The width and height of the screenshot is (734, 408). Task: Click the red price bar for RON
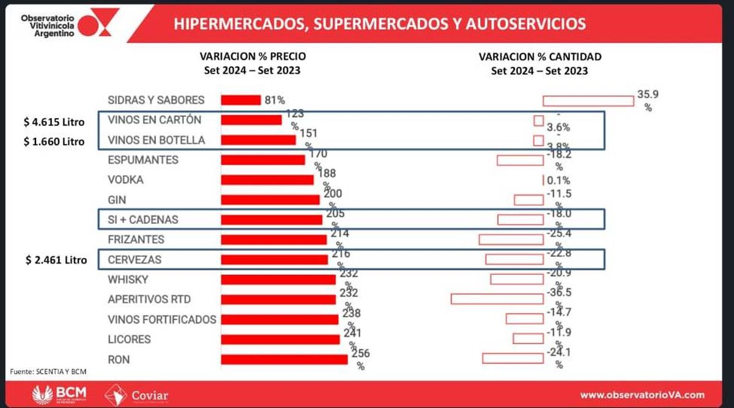284,359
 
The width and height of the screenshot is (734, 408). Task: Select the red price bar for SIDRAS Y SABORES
241,100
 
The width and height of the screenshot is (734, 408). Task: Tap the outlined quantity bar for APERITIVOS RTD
497,299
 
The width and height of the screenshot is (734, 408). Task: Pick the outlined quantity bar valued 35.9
588,100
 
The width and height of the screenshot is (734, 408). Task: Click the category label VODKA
125,180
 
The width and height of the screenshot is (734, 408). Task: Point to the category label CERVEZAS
135,259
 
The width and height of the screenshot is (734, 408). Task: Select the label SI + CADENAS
143,220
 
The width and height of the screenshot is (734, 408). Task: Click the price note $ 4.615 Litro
54,121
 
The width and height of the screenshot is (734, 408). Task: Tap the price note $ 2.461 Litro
56,260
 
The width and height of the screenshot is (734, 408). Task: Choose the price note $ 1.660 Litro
54,142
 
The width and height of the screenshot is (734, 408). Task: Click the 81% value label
275,100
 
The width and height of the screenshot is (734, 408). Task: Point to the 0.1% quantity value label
558,180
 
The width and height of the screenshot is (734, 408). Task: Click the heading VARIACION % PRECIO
253,56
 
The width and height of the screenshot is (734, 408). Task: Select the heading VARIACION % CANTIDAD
539,56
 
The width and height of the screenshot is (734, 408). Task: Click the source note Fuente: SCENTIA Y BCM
48,372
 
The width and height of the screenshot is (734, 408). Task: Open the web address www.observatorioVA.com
642,395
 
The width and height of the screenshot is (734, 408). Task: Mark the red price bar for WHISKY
278,280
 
